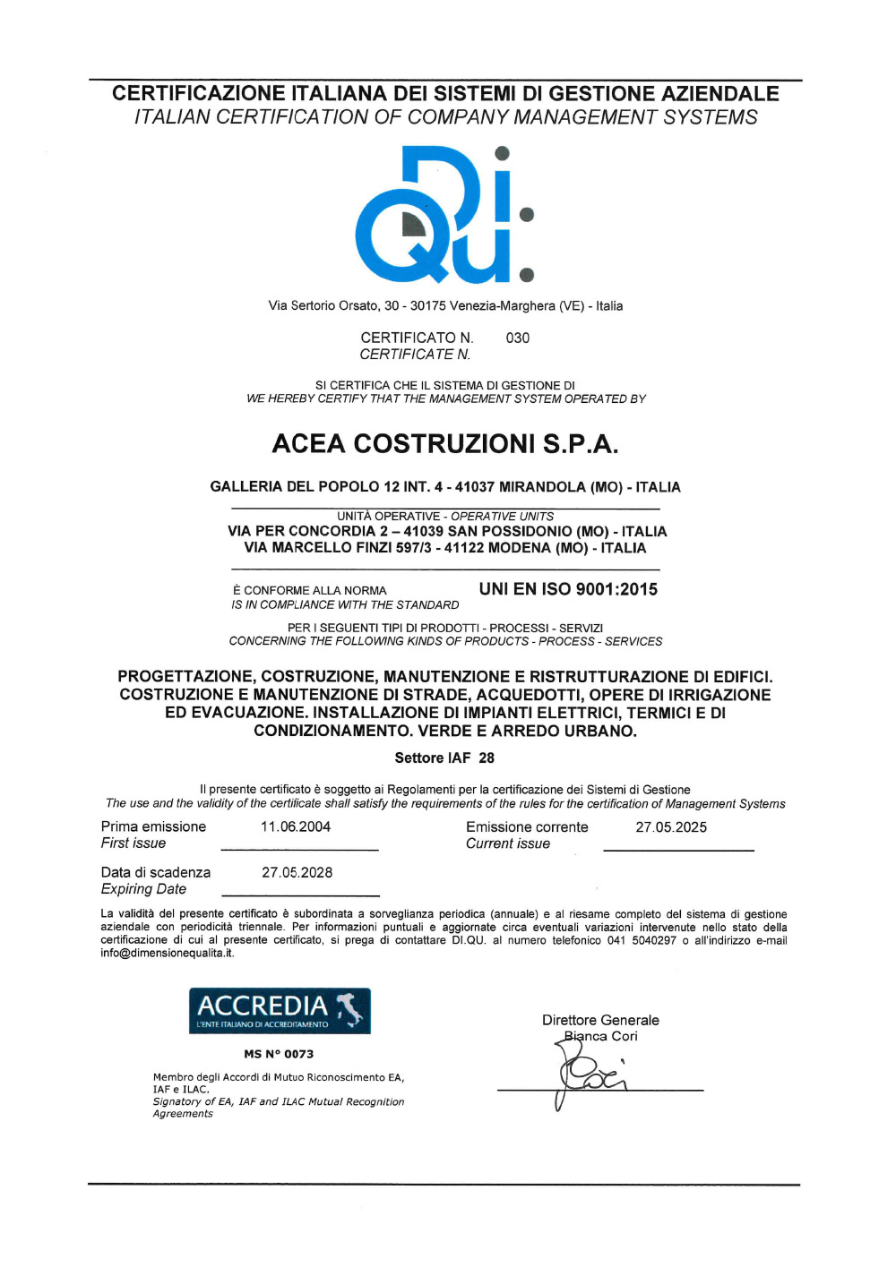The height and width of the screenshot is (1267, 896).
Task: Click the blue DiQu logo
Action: [x=444, y=215]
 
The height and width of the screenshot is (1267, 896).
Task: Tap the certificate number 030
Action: [x=517, y=338]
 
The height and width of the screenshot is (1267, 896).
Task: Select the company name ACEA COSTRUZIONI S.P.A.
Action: [x=444, y=443]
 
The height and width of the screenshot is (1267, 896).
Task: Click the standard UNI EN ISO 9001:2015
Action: [x=568, y=589]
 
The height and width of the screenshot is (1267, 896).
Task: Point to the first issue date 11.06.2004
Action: [x=296, y=826]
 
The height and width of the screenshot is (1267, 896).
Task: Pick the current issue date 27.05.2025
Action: [x=671, y=827]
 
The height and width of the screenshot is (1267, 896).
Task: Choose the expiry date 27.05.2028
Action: [x=297, y=872]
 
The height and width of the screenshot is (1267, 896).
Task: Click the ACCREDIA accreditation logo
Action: [x=280, y=1011]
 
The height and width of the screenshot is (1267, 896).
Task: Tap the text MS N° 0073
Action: [x=279, y=1054]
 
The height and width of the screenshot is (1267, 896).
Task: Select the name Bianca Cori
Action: [x=601, y=1036]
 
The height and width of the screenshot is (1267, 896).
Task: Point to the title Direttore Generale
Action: [x=600, y=1020]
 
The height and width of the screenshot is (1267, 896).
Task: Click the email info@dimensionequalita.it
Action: [x=167, y=953]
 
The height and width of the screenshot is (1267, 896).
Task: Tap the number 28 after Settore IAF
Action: [x=487, y=758]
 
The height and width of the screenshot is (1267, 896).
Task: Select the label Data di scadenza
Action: [x=156, y=872]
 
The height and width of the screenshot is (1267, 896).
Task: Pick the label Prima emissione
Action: [x=153, y=826]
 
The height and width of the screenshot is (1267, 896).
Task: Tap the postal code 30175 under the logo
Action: [x=427, y=305]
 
